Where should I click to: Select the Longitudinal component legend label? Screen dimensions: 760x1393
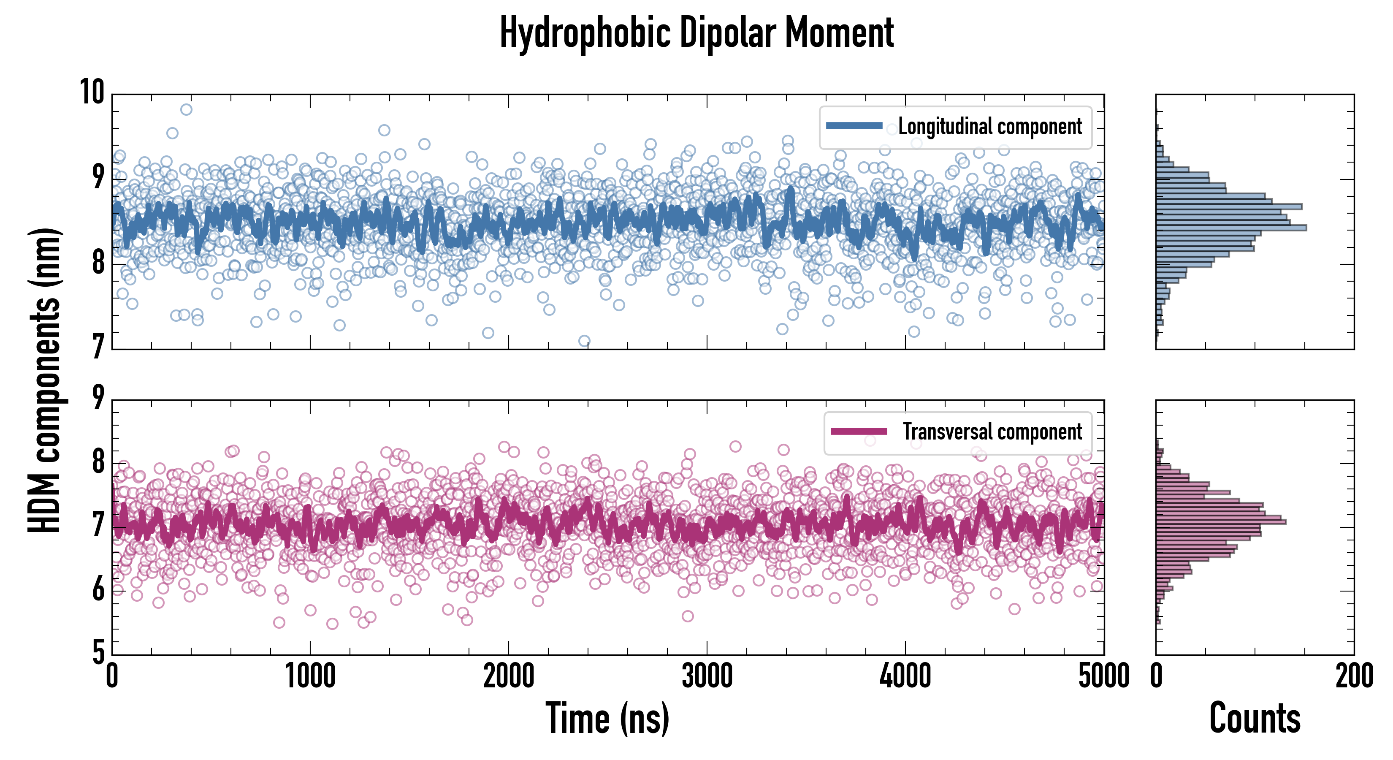989,127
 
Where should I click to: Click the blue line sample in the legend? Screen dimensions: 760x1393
854,126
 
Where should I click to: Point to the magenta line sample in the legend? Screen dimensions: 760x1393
859,432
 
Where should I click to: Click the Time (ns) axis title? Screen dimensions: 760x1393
607,718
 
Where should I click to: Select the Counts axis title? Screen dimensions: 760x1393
1255,718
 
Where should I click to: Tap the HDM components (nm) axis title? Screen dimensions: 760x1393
44,380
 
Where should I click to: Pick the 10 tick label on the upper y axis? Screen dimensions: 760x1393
92,92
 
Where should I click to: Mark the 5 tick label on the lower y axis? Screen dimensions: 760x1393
98,652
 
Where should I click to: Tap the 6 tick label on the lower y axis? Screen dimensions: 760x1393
98,589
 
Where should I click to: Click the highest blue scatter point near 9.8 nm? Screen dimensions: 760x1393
186,110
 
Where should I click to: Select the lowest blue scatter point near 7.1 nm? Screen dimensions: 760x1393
584,341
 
